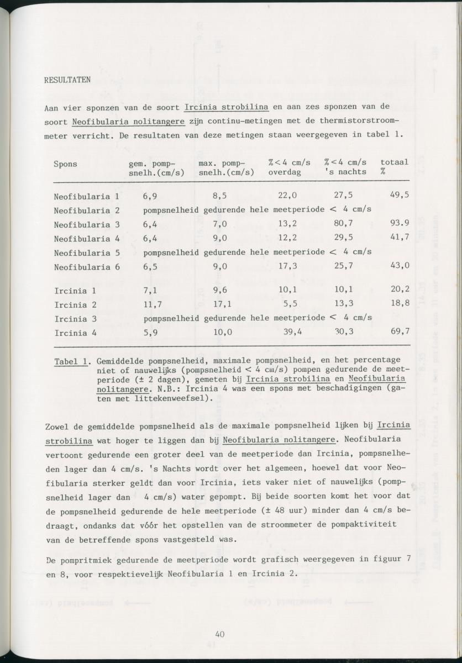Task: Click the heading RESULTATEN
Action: point(67,81)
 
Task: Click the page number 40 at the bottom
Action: point(220,634)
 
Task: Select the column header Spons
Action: point(65,164)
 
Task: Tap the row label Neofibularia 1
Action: point(86,196)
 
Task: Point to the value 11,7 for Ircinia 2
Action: point(152,304)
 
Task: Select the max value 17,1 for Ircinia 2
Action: point(222,304)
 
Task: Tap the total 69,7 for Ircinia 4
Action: point(399,333)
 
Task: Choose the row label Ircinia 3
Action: point(75,319)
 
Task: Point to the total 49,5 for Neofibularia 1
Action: point(399,196)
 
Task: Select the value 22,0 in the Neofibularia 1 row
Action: point(287,196)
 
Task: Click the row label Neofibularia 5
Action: point(86,252)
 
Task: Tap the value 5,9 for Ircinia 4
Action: point(150,333)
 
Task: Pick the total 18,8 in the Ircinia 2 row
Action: point(399,304)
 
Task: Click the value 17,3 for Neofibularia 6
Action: point(287,266)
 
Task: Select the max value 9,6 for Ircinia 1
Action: point(219,290)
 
